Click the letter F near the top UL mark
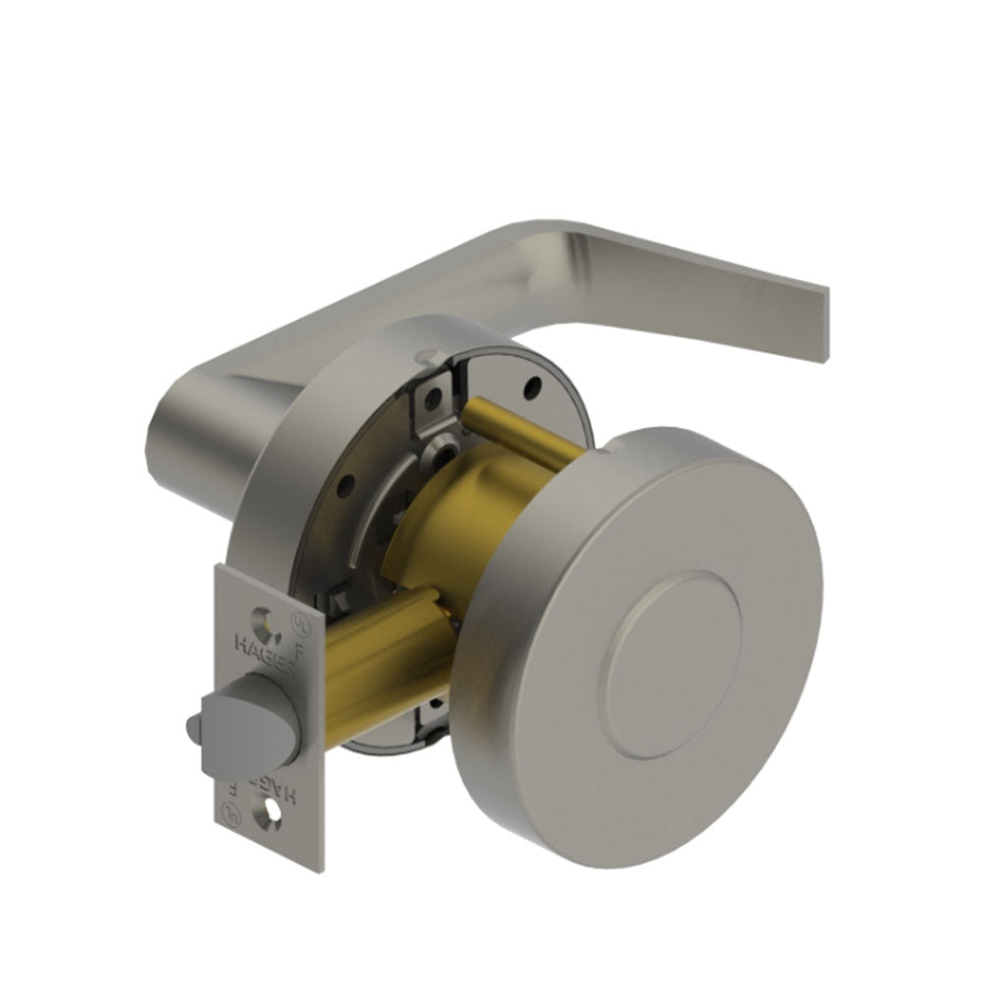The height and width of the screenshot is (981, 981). (x=298, y=649)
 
